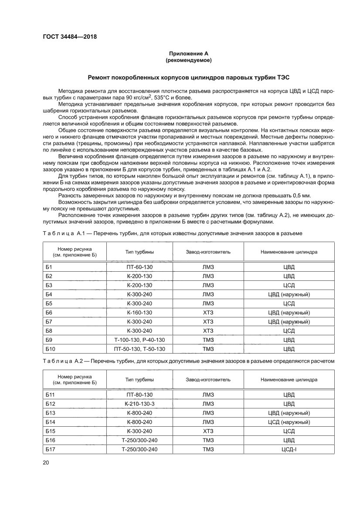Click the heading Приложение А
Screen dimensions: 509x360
pyautogui.click(x=189, y=54)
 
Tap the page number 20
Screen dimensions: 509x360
pyautogui.click(x=46, y=462)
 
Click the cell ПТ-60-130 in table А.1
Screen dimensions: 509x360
pyautogui.click(x=139, y=266)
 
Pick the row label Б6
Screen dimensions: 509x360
pyautogui.click(x=49, y=313)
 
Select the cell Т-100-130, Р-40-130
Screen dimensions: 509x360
pyautogui.click(x=139, y=340)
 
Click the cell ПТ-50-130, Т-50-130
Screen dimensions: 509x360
pyautogui.click(x=139, y=349)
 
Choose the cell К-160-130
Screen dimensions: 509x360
pyautogui.click(x=139, y=313)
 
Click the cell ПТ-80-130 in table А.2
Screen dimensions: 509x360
pyautogui.click(x=139, y=394)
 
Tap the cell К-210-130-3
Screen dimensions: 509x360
pyautogui.click(x=139, y=404)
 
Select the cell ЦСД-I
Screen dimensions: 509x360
pyautogui.click(x=289, y=449)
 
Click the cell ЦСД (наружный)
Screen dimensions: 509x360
pyautogui.click(x=289, y=422)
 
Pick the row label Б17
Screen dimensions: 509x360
pyautogui.click(x=50, y=449)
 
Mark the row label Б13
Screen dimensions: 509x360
pyautogui.click(x=50, y=413)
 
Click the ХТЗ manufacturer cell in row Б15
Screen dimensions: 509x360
pyautogui.click(x=208, y=431)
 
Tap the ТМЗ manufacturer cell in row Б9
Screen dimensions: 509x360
pyautogui.click(x=208, y=340)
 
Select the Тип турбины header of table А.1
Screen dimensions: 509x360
pyautogui.click(x=139, y=252)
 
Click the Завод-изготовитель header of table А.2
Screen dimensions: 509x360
pyautogui.click(x=208, y=380)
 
